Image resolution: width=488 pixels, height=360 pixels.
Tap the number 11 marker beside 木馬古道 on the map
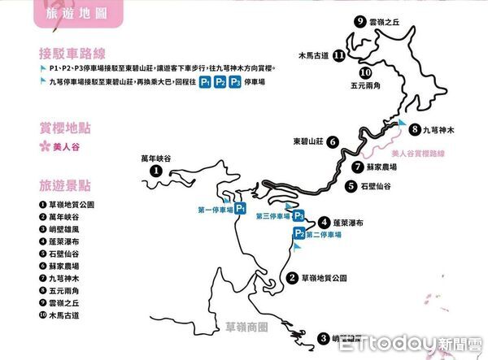coord(338,57)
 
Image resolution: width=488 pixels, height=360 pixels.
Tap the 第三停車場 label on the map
coord(272,216)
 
